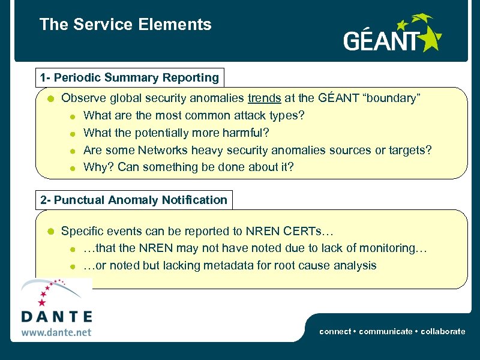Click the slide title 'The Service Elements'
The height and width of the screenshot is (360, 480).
coord(125,25)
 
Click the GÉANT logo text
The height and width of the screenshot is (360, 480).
coord(380,41)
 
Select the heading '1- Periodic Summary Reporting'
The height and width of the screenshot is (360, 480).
coord(129,77)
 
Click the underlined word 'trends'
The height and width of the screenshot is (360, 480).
coord(264,98)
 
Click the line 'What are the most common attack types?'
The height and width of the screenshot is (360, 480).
coord(194,115)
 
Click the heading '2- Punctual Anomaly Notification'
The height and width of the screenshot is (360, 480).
coord(134,200)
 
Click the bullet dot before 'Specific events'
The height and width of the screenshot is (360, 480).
coord(52,232)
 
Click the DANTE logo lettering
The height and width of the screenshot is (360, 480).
coord(56,316)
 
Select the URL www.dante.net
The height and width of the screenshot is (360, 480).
coord(56,331)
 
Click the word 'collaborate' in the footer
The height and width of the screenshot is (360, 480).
coord(443,331)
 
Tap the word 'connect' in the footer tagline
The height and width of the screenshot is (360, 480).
coord(335,331)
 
